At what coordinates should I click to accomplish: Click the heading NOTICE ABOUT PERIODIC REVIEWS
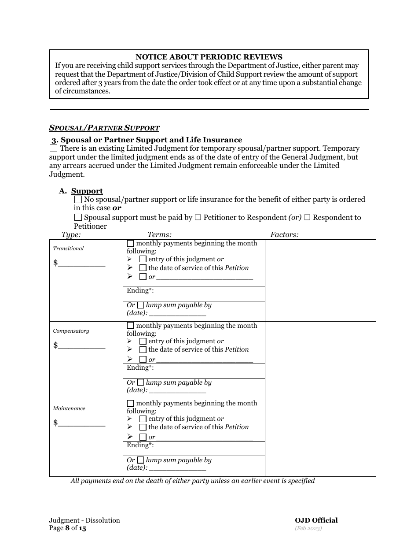point(209,57)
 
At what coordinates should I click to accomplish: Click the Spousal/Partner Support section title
point(104,128)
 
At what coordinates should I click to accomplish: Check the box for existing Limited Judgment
point(54,149)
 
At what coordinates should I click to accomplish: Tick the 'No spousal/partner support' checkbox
point(78,200)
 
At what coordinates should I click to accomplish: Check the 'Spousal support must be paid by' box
point(78,217)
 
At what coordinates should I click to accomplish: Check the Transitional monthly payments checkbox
point(131,244)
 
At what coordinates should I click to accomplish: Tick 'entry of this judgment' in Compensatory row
point(143,342)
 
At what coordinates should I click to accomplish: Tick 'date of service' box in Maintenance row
point(143,427)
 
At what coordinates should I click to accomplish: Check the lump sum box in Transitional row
point(140,305)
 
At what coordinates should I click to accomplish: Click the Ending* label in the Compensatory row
point(140,368)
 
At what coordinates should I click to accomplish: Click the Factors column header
point(284,235)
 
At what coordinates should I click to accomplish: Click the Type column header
point(71,235)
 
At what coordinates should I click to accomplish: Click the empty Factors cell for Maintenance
point(320,438)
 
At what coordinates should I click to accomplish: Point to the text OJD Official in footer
point(316,520)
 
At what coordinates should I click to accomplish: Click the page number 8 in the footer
point(67,528)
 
